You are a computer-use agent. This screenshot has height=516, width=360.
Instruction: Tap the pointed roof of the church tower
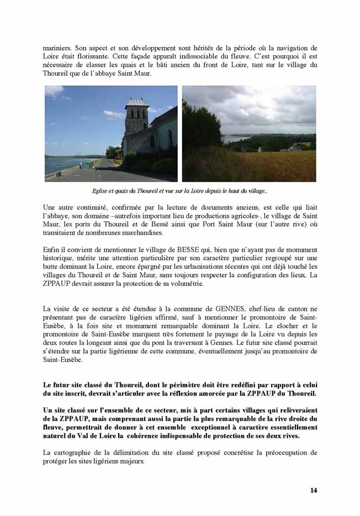point(136,102)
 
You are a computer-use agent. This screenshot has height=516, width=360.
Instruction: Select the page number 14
point(314,490)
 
